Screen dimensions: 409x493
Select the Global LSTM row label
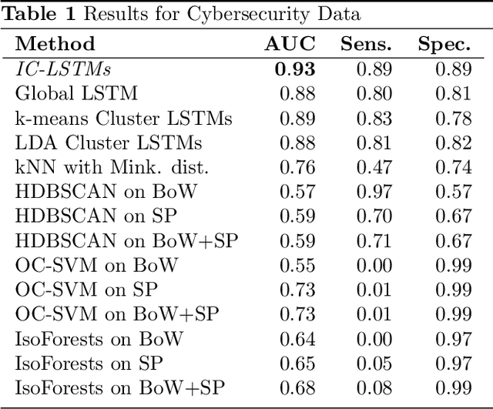[x=77, y=94]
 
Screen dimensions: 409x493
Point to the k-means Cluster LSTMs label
[x=124, y=119]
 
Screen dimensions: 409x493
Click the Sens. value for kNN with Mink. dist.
[x=376, y=168]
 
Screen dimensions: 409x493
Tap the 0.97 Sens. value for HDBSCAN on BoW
[x=376, y=192]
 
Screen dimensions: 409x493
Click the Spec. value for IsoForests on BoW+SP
[x=454, y=388]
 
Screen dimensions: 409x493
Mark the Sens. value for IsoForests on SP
[x=376, y=364]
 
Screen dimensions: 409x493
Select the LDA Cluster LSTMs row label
[x=109, y=143]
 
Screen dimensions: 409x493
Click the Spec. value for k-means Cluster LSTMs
[x=454, y=119]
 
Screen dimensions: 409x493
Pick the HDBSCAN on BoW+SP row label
[x=127, y=241]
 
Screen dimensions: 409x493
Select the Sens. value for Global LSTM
[x=376, y=94]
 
